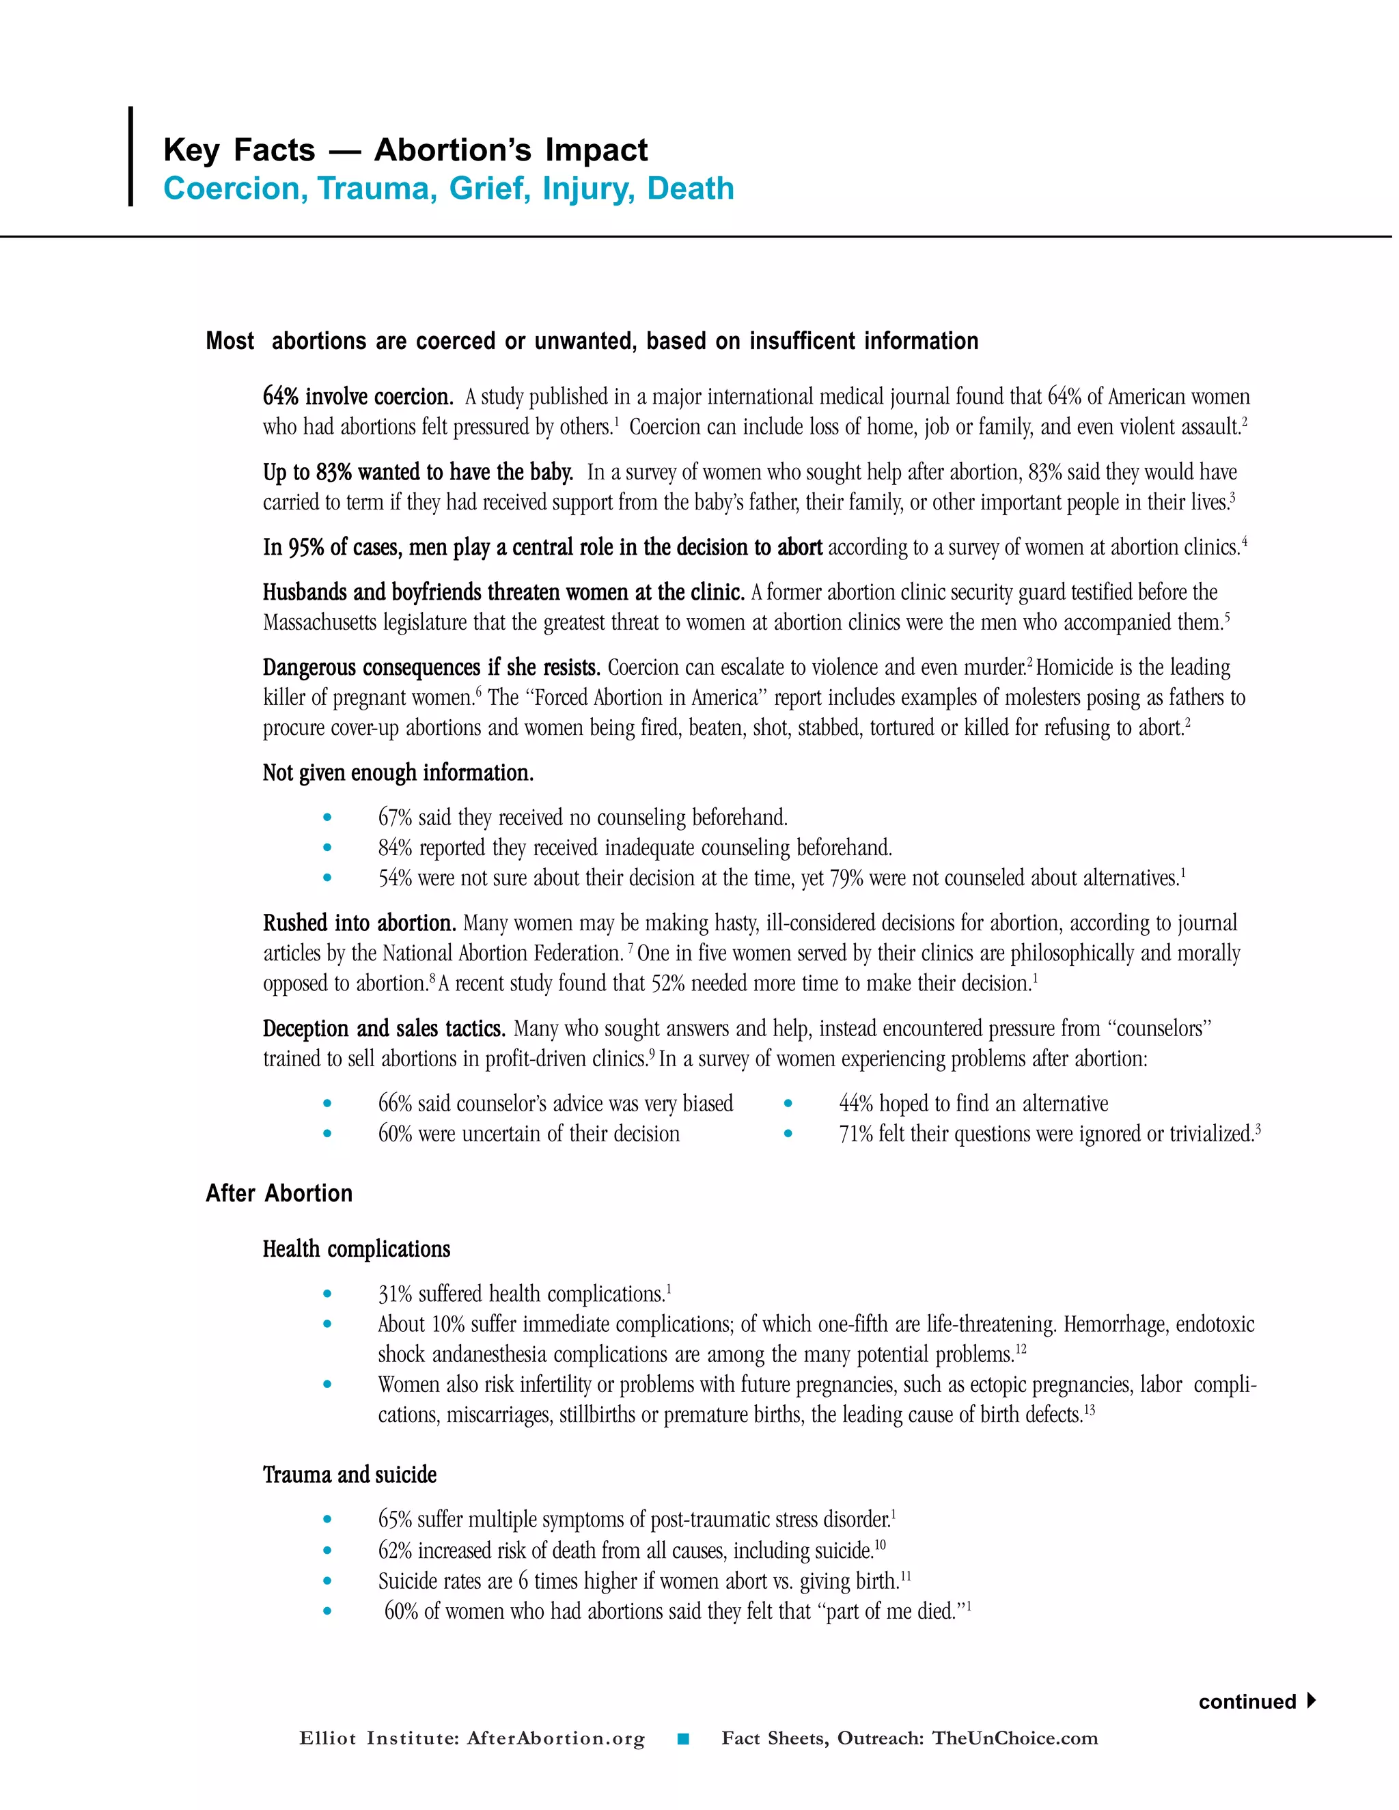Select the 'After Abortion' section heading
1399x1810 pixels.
(x=279, y=1193)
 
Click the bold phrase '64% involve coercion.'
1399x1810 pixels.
(x=357, y=397)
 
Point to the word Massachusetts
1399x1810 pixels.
(x=320, y=622)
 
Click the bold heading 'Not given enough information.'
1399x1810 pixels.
(x=398, y=773)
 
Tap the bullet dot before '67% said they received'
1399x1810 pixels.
(x=327, y=818)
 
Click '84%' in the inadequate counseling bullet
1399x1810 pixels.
(x=396, y=848)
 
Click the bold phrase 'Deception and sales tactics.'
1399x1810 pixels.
(x=384, y=1029)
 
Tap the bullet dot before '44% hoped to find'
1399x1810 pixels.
(x=788, y=1104)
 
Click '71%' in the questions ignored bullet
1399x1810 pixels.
(x=855, y=1134)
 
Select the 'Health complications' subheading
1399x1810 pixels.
(x=357, y=1250)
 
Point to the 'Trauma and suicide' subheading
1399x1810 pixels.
(x=349, y=1475)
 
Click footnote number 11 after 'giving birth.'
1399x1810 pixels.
(x=906, y=1576)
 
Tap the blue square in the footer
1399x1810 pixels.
(x=683, y=1740)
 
